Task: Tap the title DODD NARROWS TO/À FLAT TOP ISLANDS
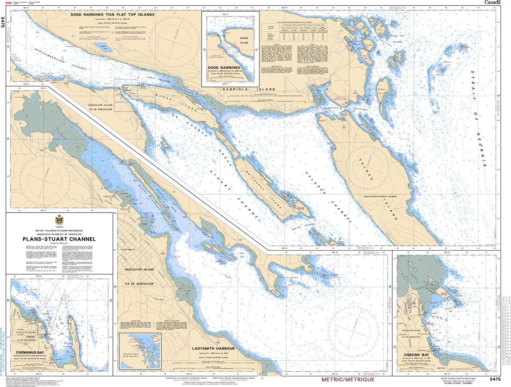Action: click(x=113, y=15)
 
